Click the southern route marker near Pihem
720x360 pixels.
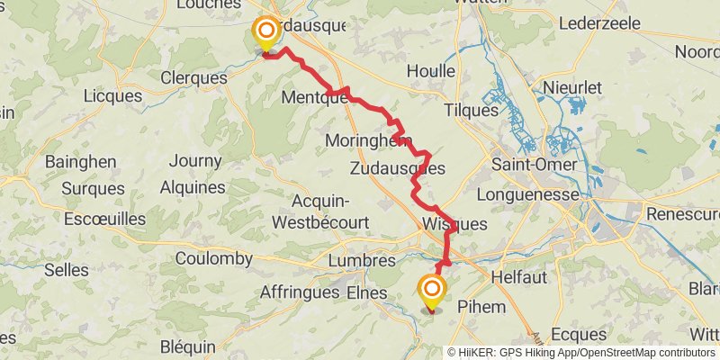tap(432, 290)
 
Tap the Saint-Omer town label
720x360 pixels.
tap(535, 165)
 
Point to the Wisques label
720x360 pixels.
tap(454, 224)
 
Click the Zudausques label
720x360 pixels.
tap(397, 167)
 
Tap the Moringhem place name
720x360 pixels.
tap(368, 141)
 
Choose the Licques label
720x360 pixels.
tap(112, 95)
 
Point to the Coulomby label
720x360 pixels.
tap(214, 258)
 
